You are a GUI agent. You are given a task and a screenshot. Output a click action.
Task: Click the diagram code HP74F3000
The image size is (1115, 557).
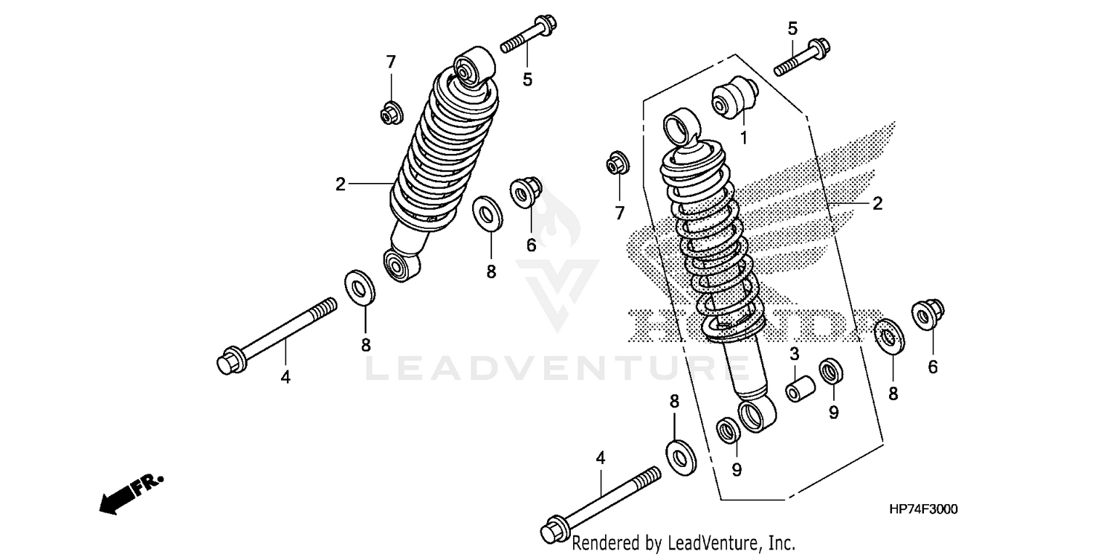(x=922, y=509)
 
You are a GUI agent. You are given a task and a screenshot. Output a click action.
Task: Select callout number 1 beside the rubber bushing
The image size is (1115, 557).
(x=743, y=138)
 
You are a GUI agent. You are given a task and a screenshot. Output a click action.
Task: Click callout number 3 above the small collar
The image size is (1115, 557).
(x=794, y=353)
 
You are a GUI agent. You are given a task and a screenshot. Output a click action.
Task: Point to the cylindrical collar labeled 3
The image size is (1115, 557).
(x=801, y=391)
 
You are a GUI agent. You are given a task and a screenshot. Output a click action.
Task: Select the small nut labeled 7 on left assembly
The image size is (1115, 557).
(x=391, y=113)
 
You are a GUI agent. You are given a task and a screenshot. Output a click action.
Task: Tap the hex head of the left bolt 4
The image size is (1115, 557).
(x=228, y=363)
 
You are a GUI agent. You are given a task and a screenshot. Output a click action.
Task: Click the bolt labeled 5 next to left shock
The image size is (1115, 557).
(x=529, y=37)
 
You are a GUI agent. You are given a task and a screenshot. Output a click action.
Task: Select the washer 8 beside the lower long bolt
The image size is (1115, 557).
(x=678, y=455)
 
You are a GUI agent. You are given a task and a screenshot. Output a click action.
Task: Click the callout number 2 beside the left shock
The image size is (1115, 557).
(x=340, y=184)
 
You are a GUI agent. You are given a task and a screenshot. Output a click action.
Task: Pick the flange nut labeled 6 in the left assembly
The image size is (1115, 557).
(x=526, y=192)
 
